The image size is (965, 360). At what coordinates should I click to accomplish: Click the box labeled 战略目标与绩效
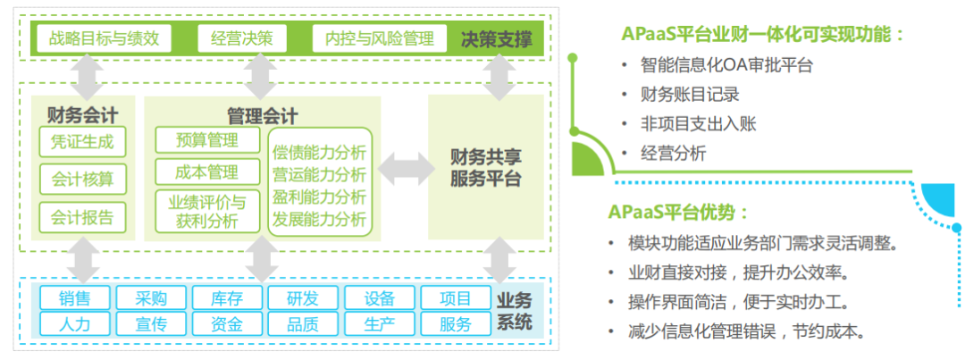point(105,38)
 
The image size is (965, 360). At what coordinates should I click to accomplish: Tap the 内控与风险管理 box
point(380,38)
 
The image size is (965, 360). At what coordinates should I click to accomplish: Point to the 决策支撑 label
point(497,39)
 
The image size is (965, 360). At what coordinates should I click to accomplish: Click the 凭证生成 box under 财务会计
point(82,142)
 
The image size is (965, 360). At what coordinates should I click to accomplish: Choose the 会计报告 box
point(82,217)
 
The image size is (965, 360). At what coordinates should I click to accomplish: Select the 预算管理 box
point(207,140)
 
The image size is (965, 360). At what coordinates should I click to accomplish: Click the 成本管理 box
point(207,172)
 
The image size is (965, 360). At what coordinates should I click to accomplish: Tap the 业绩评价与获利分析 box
point(207,211)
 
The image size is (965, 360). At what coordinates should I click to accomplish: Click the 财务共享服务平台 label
point(485,167)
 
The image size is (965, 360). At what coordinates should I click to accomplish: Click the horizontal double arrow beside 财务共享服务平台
point(404,167)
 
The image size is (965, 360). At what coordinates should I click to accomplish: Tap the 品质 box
point(302,323)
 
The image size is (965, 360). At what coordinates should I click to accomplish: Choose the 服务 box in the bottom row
point(455,323)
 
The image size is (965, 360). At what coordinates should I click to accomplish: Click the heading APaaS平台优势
point(678,213)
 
